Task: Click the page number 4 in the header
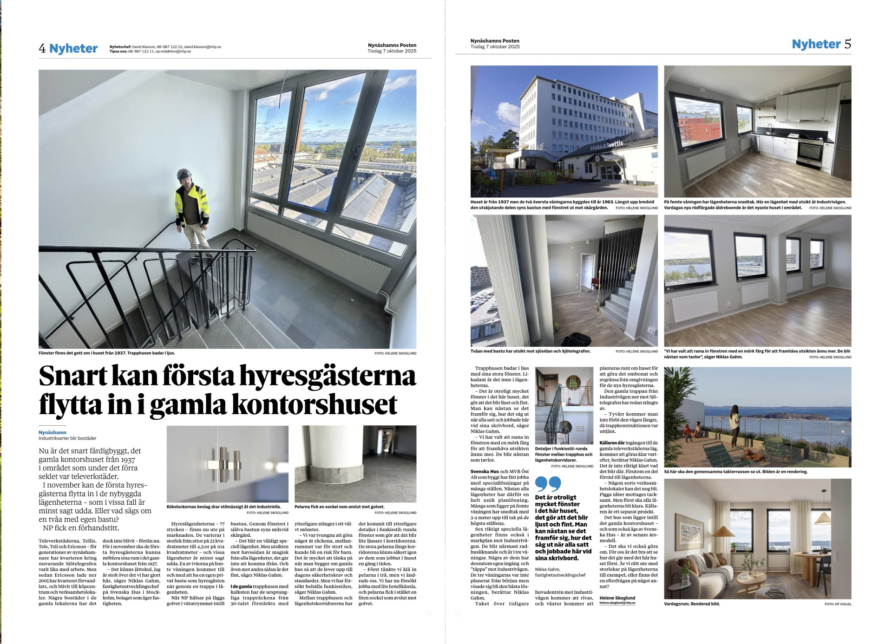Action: (x=42, y=49)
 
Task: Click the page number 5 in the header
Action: (x=847, y=44)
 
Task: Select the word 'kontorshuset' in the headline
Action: (x=315, y=405)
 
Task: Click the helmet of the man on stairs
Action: (x=184, y=174)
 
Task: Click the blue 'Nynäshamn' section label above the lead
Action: (x=52, y=432)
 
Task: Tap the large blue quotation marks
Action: (x=548, y=484)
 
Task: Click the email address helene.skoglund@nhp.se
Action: (x=617, y=603)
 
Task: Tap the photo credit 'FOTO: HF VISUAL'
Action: (x=838, y=604)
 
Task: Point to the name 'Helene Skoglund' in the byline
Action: (x=617, y=598)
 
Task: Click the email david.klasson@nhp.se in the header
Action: (x=203, y=47)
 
